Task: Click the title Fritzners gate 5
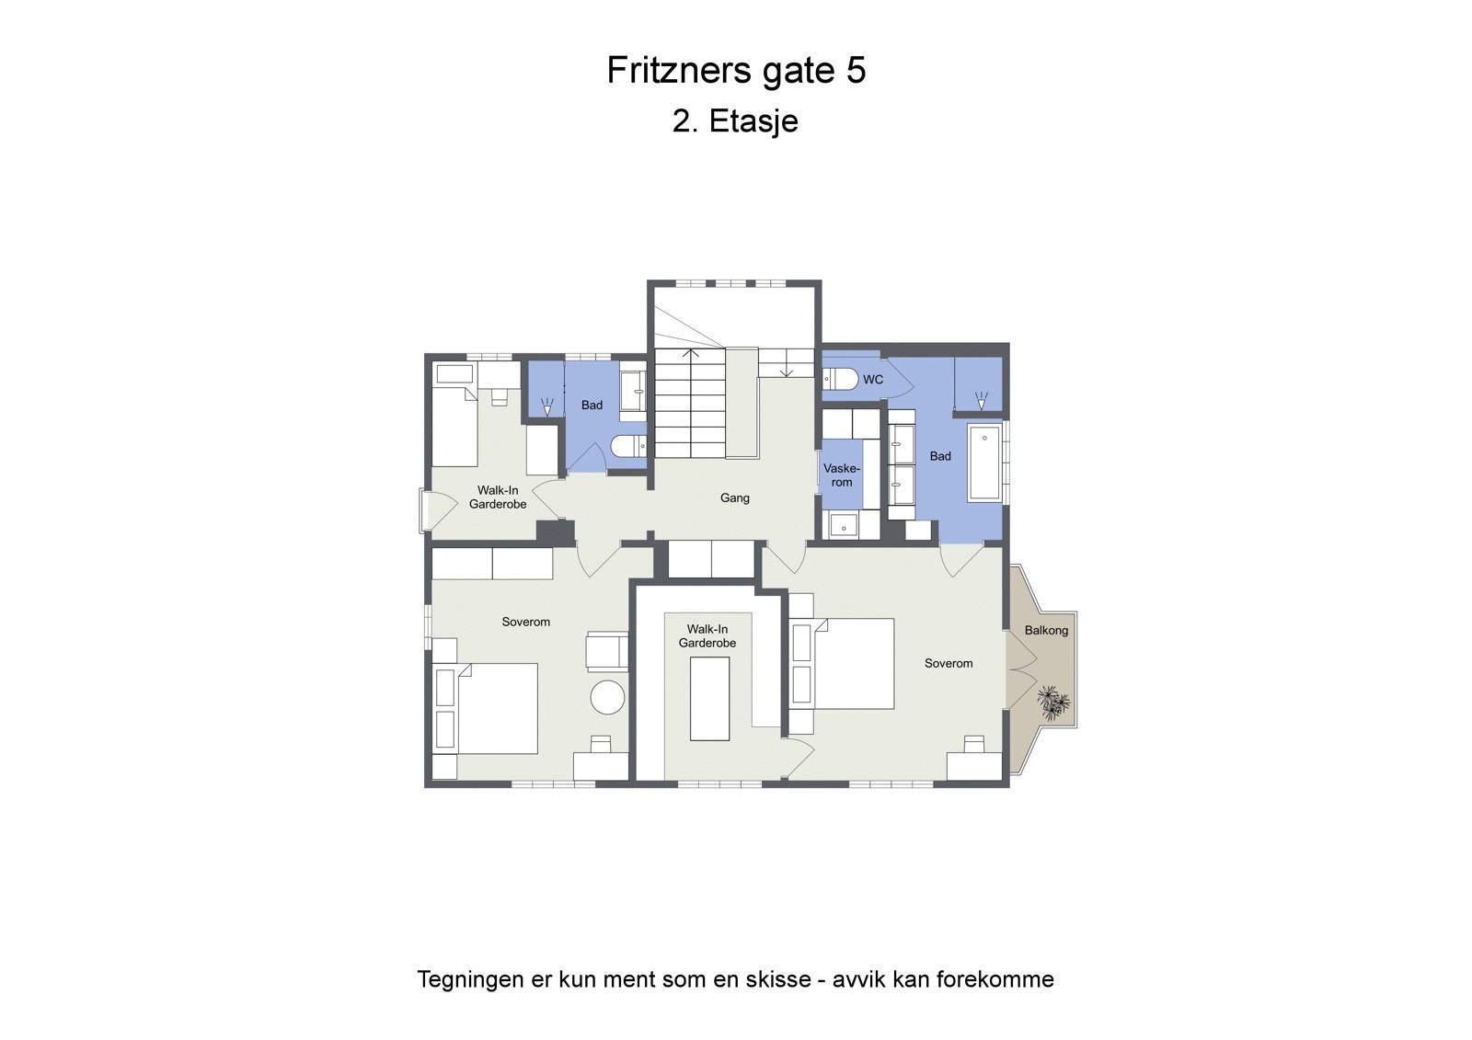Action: pyautogui.click(x=736, y=71)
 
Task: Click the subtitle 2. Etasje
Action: pyautogui.click(x=735, y=121)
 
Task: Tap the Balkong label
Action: pyautogui.click(x=1046, y=630)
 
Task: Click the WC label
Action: pyautogui.click(x=872, y=380)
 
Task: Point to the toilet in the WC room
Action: pyautogui.click(x=838, y=379)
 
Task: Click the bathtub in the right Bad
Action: pyautogui.click(x=984, y=463)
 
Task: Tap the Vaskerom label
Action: pyautogui.click(x=841, y=475)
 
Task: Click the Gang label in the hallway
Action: pyautogui.click(x=734, y=497)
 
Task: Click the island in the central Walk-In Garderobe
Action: pyautogui.click(x=709, y=698)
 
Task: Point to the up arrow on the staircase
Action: pyautogui.click(x=691, y=353)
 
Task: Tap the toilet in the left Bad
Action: pyautogui.click(x=628, y=447)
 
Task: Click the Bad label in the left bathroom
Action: pyautogui.click(x=592, y=405)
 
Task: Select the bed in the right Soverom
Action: pyautogui.click(x=851, y=663)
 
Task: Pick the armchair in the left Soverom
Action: pyautogui.click(x=606, y=651)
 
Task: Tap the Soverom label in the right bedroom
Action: pyautogui.click(x=948, y=663)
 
